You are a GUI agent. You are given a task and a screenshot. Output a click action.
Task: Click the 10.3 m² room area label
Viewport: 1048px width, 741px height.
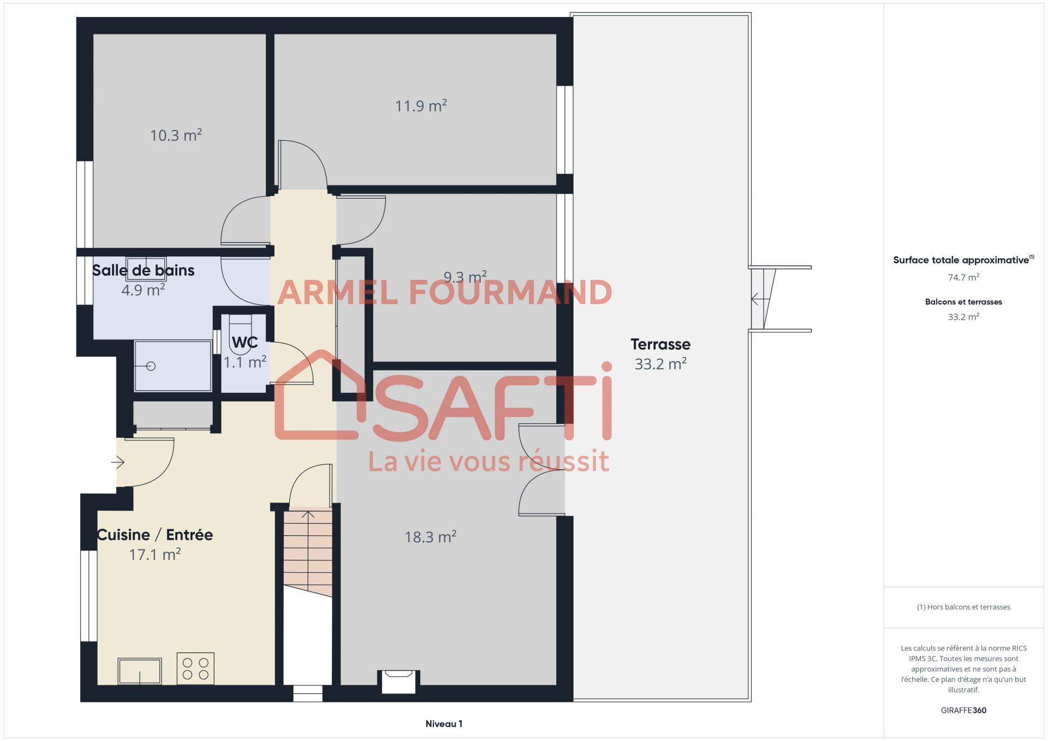click(176, 135)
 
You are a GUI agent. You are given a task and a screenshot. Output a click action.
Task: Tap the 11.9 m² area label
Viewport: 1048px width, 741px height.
click(421, 105)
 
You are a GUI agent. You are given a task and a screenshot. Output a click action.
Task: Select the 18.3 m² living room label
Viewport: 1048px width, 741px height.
click(430, 537)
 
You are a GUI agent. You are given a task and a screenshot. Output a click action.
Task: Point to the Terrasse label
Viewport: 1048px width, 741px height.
click(660, 344)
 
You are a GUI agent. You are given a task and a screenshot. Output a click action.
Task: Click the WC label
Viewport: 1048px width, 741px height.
click(245, 342)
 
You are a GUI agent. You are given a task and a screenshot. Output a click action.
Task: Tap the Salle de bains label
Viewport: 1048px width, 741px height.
click(143, 270)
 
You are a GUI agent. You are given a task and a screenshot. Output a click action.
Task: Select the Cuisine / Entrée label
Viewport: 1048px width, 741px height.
click(154, 535)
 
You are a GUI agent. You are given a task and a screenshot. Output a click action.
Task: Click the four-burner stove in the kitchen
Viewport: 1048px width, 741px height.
click(195, 668)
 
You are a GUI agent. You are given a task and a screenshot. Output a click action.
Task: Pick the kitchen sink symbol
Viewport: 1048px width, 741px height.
click(140, 671)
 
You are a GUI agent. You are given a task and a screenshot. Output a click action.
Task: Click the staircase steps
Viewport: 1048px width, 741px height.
click(308, 551)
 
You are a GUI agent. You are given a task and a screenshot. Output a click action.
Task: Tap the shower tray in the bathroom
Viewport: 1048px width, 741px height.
click(173, 366)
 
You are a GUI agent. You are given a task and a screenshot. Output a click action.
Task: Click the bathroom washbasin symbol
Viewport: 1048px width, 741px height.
click(146, 268)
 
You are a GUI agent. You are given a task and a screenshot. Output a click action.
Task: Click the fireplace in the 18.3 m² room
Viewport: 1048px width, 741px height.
click(399, 682)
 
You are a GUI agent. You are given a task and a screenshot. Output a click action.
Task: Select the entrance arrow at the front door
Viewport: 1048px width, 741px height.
click(118, 463)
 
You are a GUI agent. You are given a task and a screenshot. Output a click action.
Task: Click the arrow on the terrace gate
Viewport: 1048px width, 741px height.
click(760, 299)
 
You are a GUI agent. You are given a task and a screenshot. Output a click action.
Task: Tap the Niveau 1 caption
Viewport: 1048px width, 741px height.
click(444, 724)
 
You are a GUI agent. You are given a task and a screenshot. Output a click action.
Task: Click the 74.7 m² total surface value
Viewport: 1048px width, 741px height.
click(963, 277)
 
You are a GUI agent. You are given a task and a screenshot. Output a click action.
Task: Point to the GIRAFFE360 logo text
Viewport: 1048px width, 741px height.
click(963, 710)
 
